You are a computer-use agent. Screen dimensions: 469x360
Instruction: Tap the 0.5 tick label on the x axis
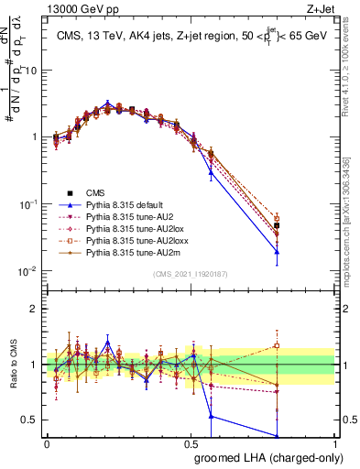pyautogui.click(x=191, y=443)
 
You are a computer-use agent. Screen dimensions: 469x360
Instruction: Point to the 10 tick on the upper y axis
pyautogui.click(x=35, y=70)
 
